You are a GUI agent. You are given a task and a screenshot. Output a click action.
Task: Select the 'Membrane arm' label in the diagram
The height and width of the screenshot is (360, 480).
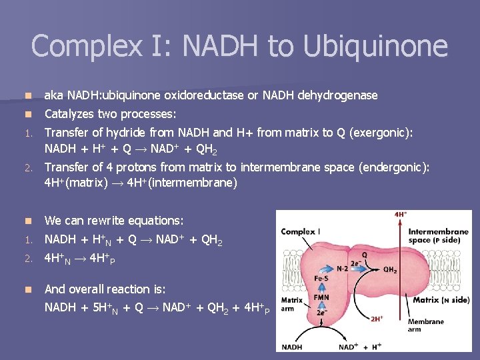[x=425, y=325]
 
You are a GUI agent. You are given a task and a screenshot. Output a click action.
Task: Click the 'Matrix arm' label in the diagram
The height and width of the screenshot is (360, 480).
[x=293, y=304]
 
